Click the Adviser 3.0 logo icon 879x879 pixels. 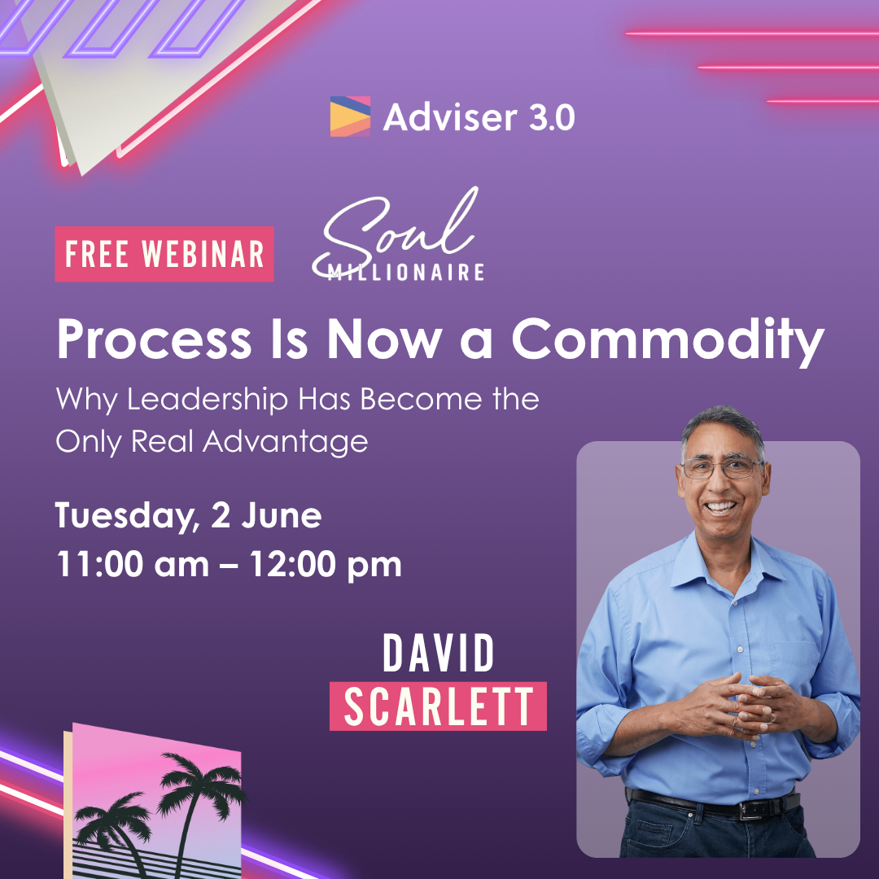tap(350, 116)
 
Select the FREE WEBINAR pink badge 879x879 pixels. tap(164, 254)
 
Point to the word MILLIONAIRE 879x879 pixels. tap(405, 273)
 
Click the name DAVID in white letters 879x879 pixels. tap(439, 654)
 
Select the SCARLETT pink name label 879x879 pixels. tap(438, 706)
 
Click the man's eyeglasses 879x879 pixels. tap(722, 468)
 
